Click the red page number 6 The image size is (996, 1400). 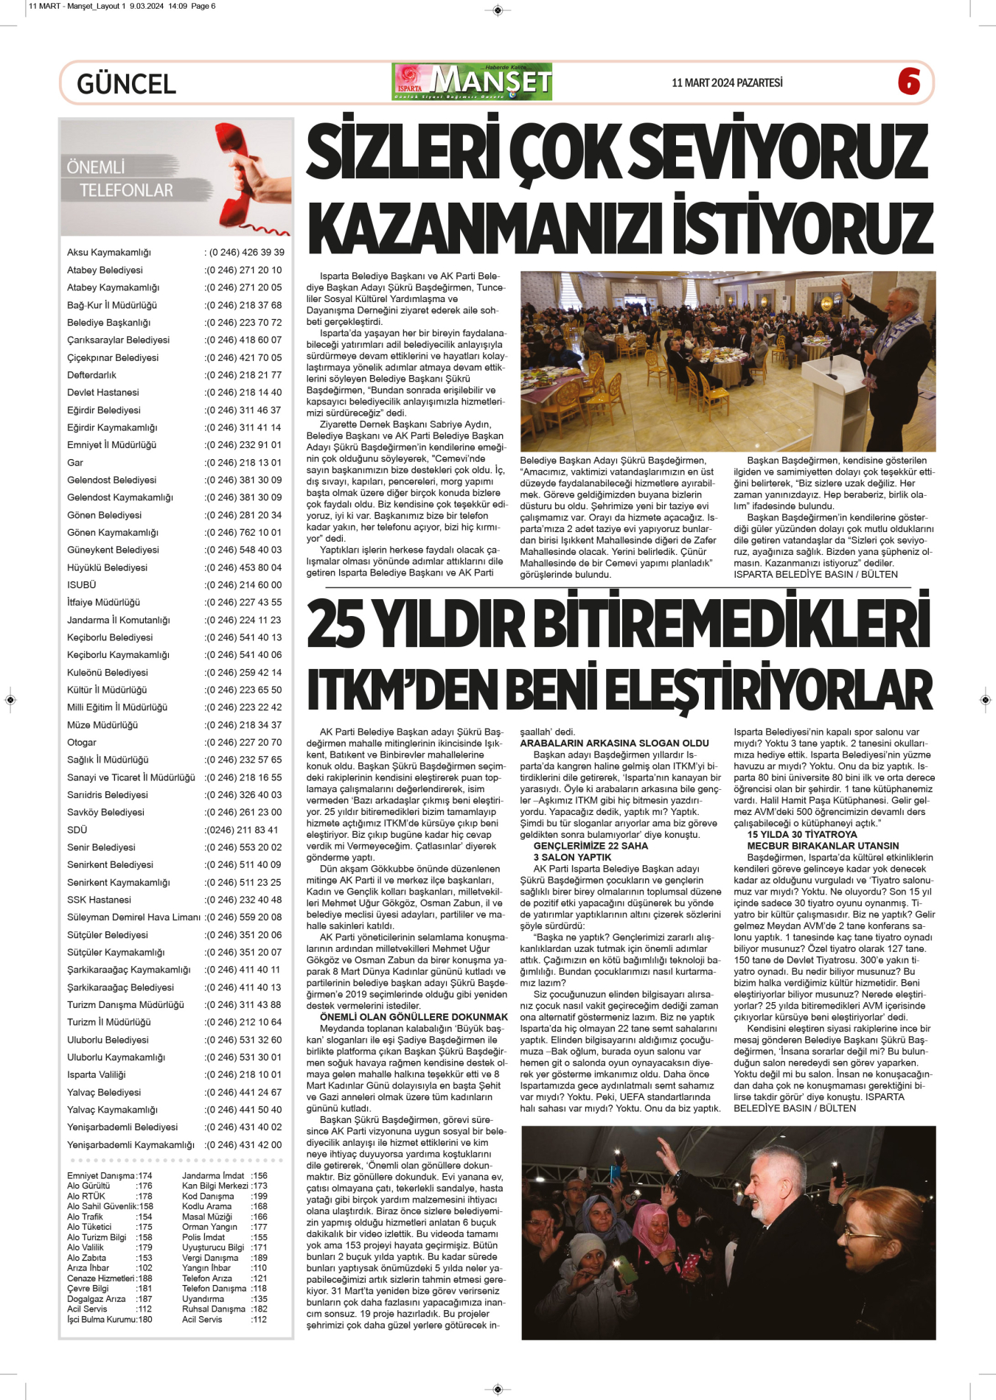click(908, 82)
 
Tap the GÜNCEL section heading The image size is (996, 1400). click(126, 84)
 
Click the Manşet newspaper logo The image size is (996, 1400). click(473, 82)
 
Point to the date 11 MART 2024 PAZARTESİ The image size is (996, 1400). click(726, 83)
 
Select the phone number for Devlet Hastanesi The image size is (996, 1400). click(243, 393)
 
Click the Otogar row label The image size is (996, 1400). click(82, 743)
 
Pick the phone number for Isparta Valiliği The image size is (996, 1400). click(243, 1075)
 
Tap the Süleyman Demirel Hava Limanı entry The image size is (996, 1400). click(133, 917)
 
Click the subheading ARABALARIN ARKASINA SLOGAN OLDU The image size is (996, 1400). click(614, 743)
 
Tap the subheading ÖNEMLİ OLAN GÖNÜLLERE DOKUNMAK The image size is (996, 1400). click(414, 1017)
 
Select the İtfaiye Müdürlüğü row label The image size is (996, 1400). click(103, 602)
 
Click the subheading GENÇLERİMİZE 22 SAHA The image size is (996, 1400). click(591, 846)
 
